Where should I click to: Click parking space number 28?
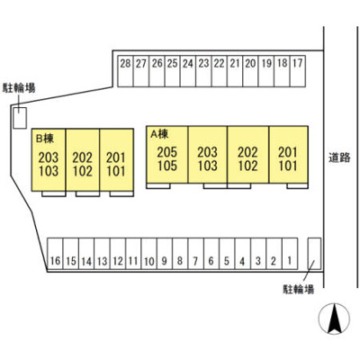(125, 71)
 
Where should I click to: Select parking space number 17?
(298, 71)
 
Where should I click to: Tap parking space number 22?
(220, 71)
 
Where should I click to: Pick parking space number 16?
(56, 254)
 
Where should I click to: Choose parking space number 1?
(290, 254)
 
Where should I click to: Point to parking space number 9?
(165, 254)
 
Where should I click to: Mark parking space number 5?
(227, 254)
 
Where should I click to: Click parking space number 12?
(118, 254)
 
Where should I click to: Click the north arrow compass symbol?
(334, 319)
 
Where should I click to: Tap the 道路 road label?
(339, 157)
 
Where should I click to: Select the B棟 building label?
(45, 138)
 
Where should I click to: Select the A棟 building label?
(159, 134)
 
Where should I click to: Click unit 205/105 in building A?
(167, 154)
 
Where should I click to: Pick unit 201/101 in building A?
(289, 154)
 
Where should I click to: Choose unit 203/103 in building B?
(49, 159)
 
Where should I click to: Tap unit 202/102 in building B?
(83, 159)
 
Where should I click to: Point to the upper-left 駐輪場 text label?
(19, 88)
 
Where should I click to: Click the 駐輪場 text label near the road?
(299, 290)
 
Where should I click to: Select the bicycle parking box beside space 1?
(315, 254)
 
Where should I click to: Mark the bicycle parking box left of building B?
(20, 118)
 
